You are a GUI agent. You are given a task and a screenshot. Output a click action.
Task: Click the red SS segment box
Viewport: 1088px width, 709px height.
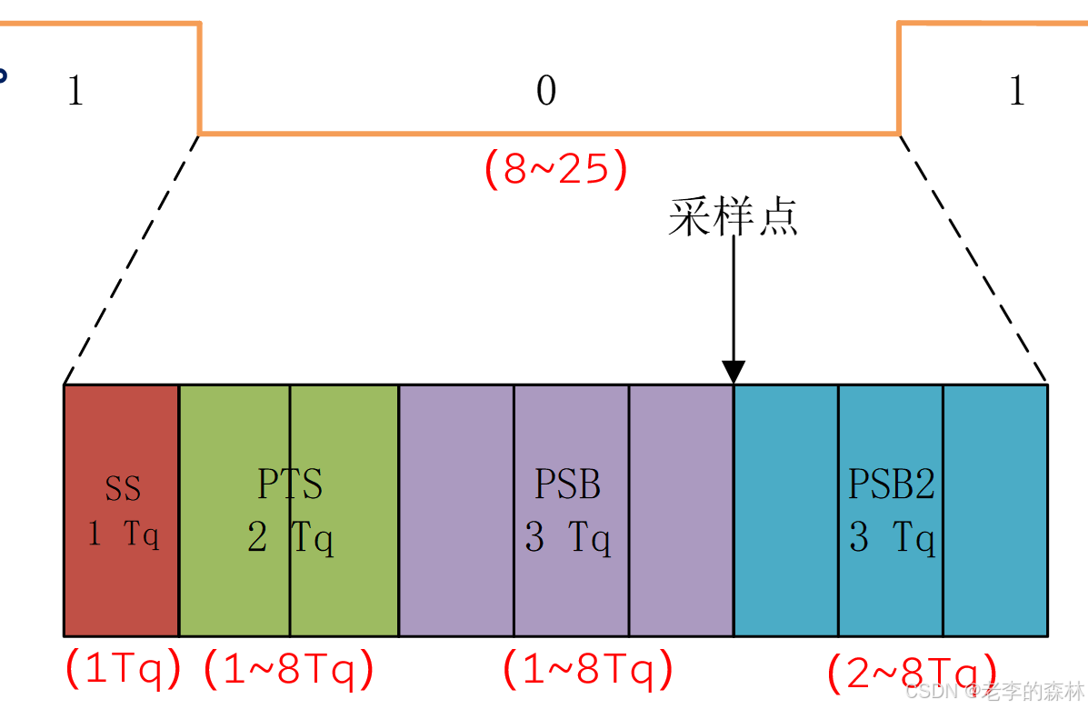coord(121,582)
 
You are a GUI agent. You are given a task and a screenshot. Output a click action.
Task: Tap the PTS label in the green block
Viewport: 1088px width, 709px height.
coord(290,484)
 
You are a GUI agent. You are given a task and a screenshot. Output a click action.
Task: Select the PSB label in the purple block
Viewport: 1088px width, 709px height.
coord(567,484)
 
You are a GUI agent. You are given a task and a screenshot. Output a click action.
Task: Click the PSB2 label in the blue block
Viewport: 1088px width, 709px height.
coord(891,484)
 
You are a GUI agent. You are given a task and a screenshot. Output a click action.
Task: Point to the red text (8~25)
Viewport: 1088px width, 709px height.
coord(555,169)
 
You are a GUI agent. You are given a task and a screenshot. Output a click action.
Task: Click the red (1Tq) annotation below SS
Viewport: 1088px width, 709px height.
coord(124,670)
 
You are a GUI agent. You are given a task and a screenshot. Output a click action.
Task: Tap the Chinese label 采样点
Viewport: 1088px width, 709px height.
coord(733,217)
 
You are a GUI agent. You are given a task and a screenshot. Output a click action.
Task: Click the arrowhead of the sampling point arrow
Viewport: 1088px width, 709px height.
coord(734,372)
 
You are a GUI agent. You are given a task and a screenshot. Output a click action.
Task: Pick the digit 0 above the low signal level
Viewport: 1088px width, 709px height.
coord(545,91)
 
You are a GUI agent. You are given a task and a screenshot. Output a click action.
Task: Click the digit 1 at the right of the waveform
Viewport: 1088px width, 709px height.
coord(1017,91)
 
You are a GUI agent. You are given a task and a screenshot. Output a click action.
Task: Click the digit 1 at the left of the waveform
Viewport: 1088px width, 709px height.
coord(75,91)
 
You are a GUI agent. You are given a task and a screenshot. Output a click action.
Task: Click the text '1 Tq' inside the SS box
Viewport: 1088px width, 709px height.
coord(124,534)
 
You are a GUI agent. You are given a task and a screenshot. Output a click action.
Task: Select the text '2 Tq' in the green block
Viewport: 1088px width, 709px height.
coord(290,538)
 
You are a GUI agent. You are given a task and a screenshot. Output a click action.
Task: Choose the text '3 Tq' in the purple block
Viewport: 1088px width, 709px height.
coord(567,538)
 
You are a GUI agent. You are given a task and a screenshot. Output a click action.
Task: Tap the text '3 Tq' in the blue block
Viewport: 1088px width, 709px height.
coord(891,538)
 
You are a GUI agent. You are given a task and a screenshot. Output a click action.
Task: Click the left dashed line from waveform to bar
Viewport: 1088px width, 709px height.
coord(131,260)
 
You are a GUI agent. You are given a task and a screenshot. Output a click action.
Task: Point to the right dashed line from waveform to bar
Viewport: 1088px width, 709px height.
coord(973,260)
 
